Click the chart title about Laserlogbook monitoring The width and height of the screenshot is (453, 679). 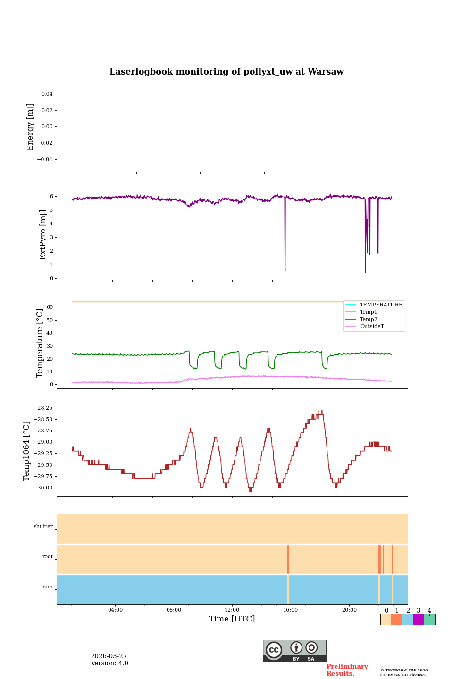coord(226,72)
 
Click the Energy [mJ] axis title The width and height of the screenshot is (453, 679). coord(31,127)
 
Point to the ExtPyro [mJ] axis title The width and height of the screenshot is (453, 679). coord(43,235)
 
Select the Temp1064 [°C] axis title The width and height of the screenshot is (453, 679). coord(27,451)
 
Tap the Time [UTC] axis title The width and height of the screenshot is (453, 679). coord(232,619)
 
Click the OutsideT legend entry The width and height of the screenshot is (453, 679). coord(372,326)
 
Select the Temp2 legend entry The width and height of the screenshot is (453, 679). coord(369,319)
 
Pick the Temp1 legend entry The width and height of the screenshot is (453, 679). coord(369,312)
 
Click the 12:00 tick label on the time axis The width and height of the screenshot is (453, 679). coord(232,610)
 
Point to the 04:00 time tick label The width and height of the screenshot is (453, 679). coord(115,610)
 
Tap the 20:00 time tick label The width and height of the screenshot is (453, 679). coord(349,610)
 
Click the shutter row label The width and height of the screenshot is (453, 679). coord(43,527)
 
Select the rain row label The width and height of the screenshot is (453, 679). coord(48,587)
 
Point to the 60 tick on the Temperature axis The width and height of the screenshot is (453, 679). coord(50,307)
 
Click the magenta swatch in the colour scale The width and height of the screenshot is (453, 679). coord(418,620)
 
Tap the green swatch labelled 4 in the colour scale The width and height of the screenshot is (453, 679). coord(429,620)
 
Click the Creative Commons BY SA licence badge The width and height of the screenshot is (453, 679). coord(294,651)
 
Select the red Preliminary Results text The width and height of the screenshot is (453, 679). coord(347,670)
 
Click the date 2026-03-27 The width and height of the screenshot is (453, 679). coord(109,656)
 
